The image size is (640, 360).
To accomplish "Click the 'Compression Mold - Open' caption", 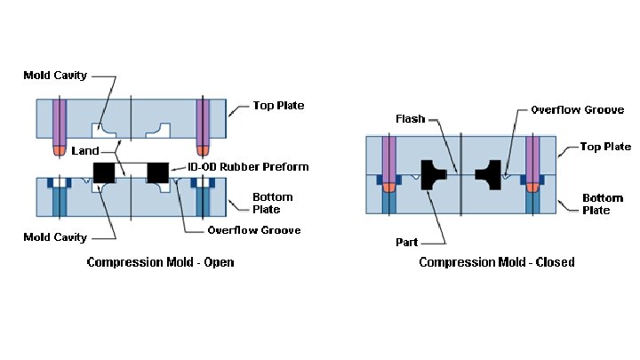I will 160,262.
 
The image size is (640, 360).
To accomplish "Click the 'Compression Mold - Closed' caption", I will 496,262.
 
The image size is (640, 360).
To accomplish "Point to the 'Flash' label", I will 411,119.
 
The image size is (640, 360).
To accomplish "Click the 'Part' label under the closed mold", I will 407,242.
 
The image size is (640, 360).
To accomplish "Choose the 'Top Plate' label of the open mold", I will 277,106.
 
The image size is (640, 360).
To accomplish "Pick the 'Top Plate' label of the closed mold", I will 605,146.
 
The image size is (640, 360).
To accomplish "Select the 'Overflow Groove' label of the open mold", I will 253,230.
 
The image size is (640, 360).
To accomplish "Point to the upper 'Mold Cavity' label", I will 55,76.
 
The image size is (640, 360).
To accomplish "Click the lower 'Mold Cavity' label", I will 55,236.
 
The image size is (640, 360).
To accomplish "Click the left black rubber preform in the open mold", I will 105,170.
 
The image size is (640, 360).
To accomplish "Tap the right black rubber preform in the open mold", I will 158,170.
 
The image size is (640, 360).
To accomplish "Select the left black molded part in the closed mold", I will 433,173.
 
